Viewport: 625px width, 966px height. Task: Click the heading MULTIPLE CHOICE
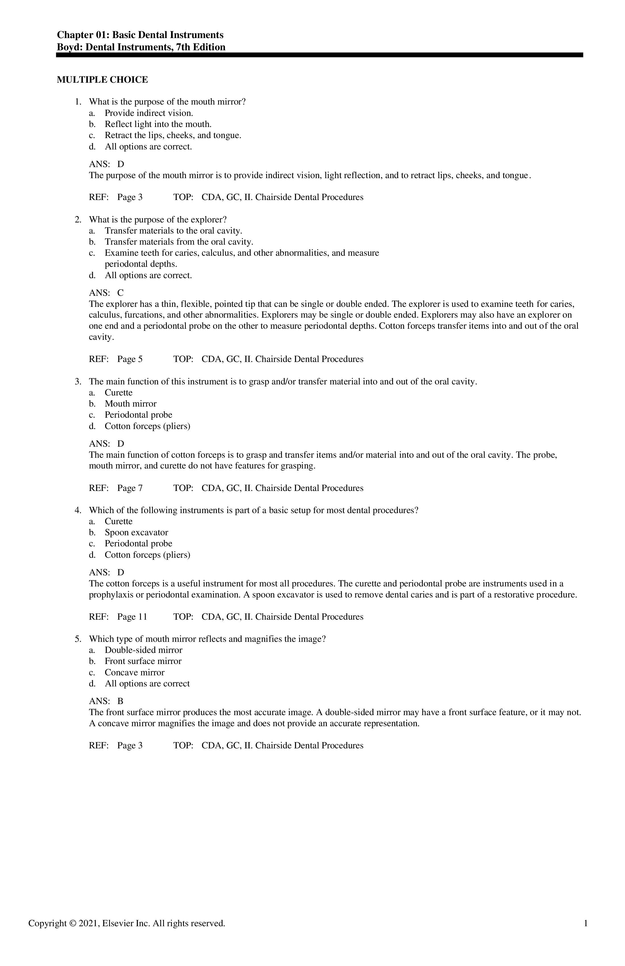[102, 80]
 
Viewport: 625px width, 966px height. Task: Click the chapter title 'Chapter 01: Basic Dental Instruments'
[140, 35]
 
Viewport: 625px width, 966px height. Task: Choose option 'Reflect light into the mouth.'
[158, 124]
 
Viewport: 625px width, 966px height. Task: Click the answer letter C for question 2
[120, 293]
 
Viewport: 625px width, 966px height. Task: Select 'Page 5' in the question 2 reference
[130, 359]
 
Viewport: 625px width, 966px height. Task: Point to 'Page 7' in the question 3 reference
[130, 488]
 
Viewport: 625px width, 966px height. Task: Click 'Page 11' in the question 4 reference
[132, 617]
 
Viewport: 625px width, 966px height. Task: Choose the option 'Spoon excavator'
[136, 532]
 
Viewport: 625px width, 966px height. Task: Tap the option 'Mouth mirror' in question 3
[131, 404]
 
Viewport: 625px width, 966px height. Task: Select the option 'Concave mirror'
[135, 673]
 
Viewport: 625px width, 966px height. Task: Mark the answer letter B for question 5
[120, 701]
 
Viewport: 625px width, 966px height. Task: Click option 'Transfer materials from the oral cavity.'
[179, 242]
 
